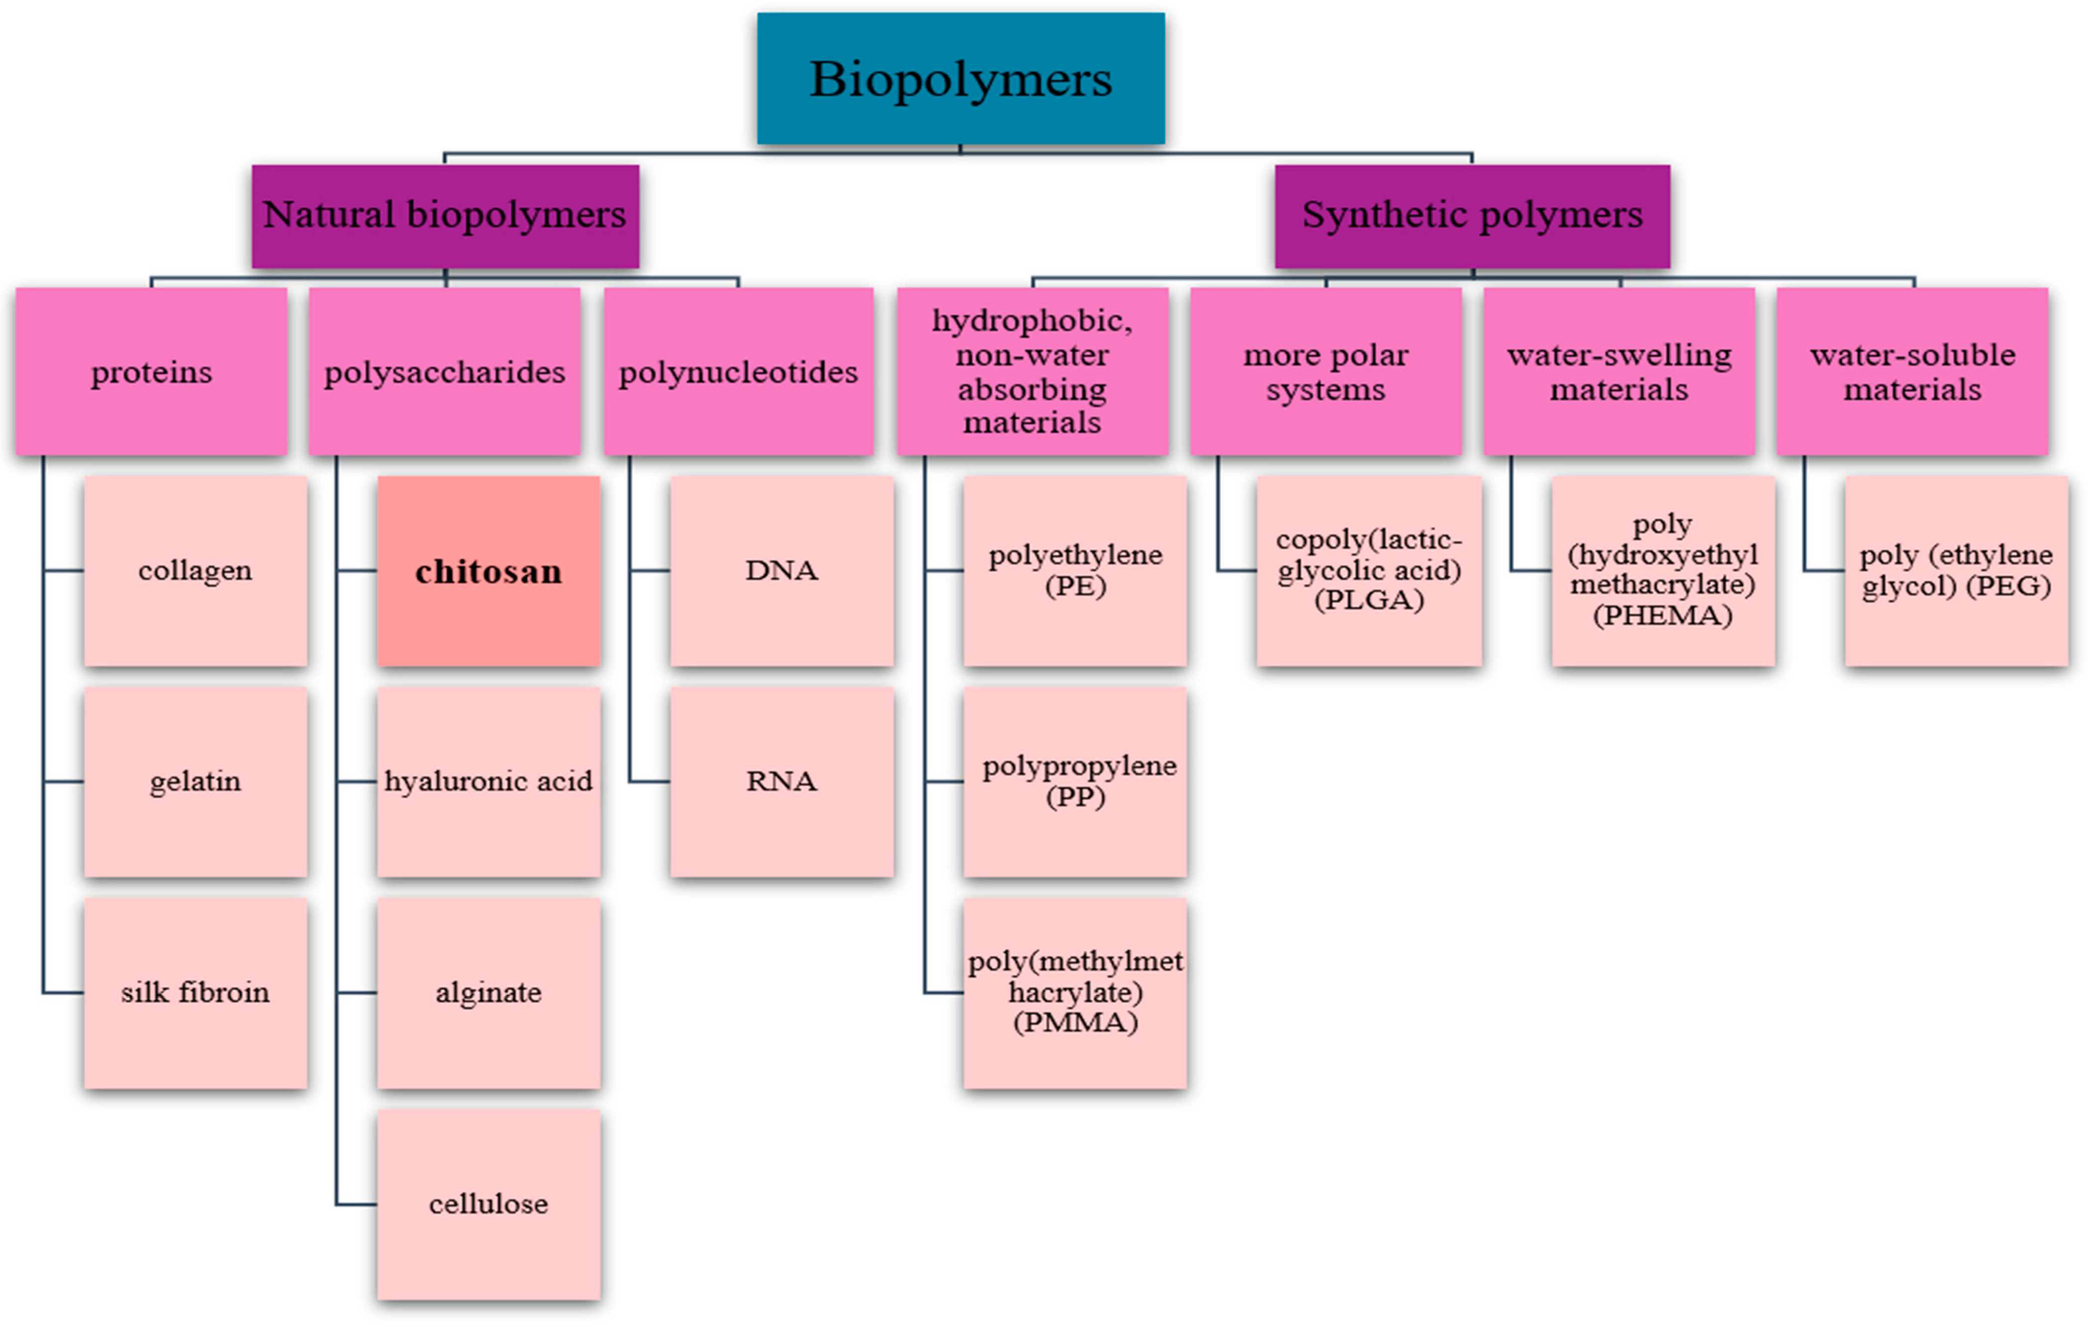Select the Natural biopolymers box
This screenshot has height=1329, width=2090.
[445, 215]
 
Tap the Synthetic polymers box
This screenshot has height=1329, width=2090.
[1472, 215]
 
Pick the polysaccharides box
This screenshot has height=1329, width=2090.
[445, 372]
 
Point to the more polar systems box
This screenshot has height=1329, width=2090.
[1326, 372]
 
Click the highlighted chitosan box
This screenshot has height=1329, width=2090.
[489, 571]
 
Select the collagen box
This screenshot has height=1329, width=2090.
[195, 571]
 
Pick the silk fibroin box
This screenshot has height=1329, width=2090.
[195, 992]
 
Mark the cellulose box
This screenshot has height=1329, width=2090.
[489, 1204]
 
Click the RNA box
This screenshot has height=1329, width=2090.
[781, 781]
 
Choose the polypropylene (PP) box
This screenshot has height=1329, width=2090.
[1075, 781]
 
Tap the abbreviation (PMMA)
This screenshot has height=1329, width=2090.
[1075, 1023]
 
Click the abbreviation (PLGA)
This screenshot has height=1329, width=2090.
[1369, 600]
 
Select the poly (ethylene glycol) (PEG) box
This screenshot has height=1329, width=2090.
[1956, 571]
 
